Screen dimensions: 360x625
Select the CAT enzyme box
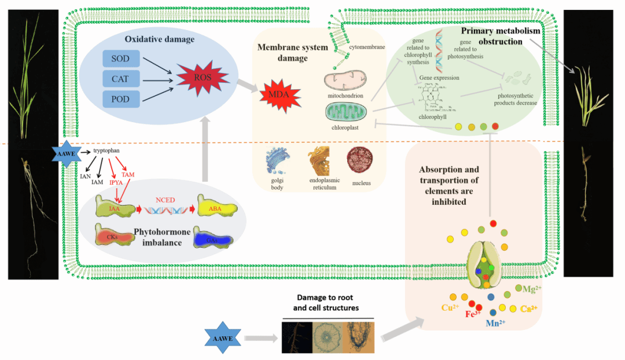click(122, 79)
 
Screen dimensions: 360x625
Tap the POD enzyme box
click(122, 99)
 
